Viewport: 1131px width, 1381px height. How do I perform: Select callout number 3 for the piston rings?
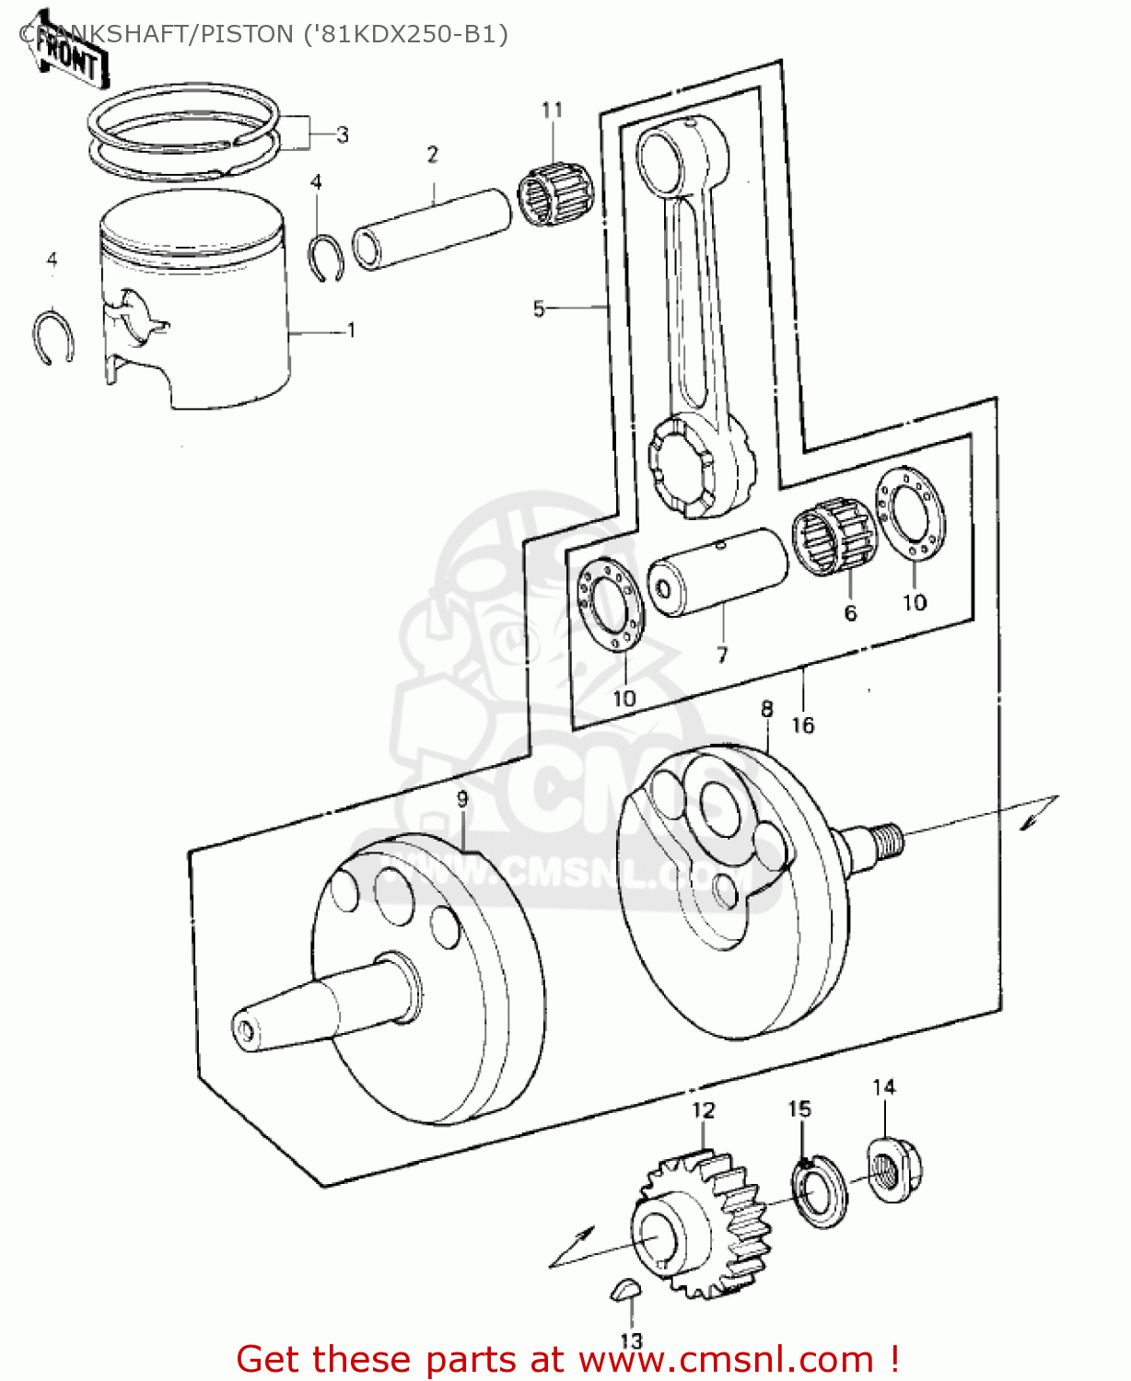(343, 135)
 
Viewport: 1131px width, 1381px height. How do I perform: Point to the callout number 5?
(539, 308)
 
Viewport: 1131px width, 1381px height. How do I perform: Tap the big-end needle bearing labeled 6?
(834, 538)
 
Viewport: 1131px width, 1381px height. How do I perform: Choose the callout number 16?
(803, 725)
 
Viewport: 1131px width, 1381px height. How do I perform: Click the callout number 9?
(462, 799)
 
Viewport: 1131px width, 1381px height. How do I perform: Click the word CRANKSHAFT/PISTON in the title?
(157, 34)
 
